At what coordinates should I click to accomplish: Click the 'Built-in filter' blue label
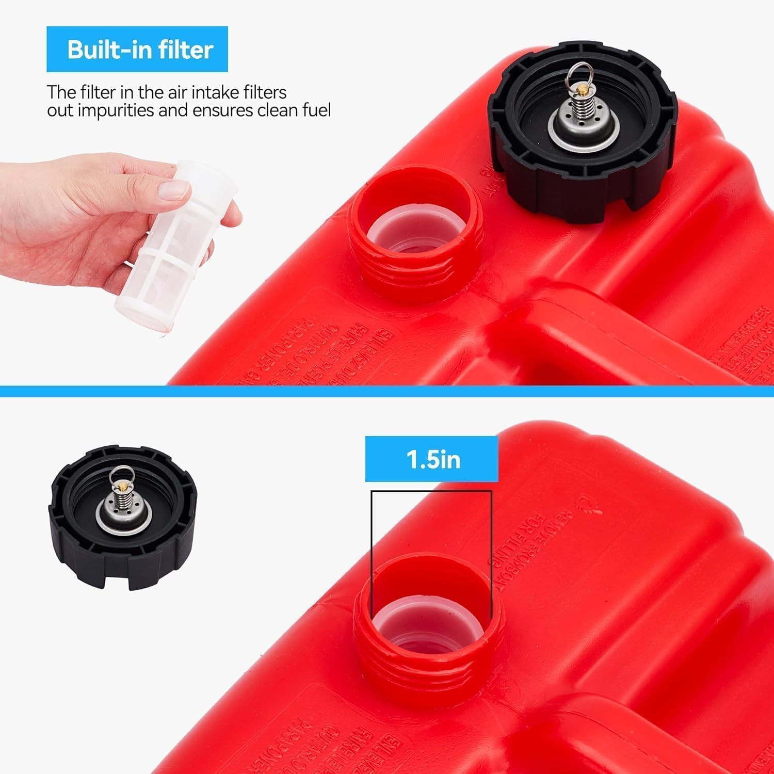(137, 49)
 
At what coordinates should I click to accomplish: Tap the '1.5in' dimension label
(432, 459)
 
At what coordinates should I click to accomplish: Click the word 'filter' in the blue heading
(186, 50)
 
